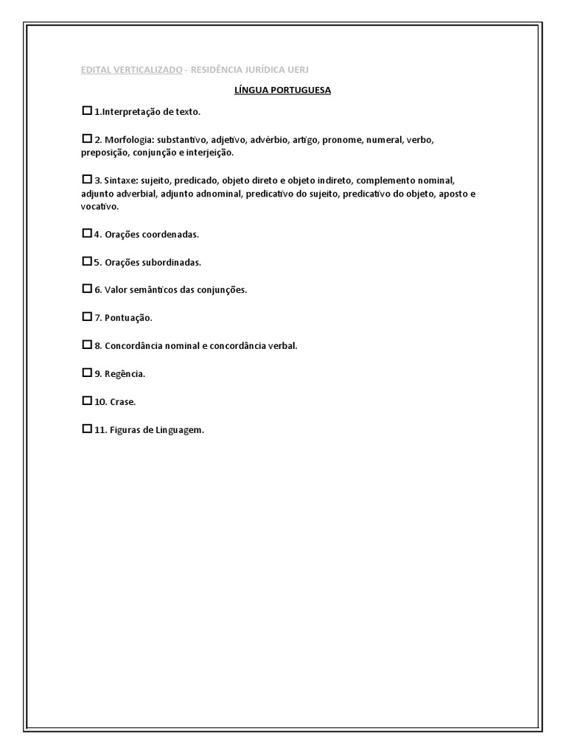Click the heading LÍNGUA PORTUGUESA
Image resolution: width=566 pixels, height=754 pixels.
282,90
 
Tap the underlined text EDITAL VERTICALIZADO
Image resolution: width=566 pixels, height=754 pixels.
132,69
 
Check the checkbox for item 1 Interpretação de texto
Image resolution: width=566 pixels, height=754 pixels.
87,111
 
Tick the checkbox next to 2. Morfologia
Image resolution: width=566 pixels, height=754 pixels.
87,138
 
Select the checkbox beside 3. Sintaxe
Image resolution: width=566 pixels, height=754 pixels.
87,179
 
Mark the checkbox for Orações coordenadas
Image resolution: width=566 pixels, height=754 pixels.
87,233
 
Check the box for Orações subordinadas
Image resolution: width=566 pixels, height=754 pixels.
87,261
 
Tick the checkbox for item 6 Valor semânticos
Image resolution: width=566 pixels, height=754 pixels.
87,289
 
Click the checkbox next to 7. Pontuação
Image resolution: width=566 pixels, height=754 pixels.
87,317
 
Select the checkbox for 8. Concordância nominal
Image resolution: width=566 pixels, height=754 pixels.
87,345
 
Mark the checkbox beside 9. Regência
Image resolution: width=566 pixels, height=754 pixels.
87,373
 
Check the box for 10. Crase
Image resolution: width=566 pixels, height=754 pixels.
87,401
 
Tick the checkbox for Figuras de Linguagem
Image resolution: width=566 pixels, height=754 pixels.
87,429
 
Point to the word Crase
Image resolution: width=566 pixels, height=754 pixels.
124,402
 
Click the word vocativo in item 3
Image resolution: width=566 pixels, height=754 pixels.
99,207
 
